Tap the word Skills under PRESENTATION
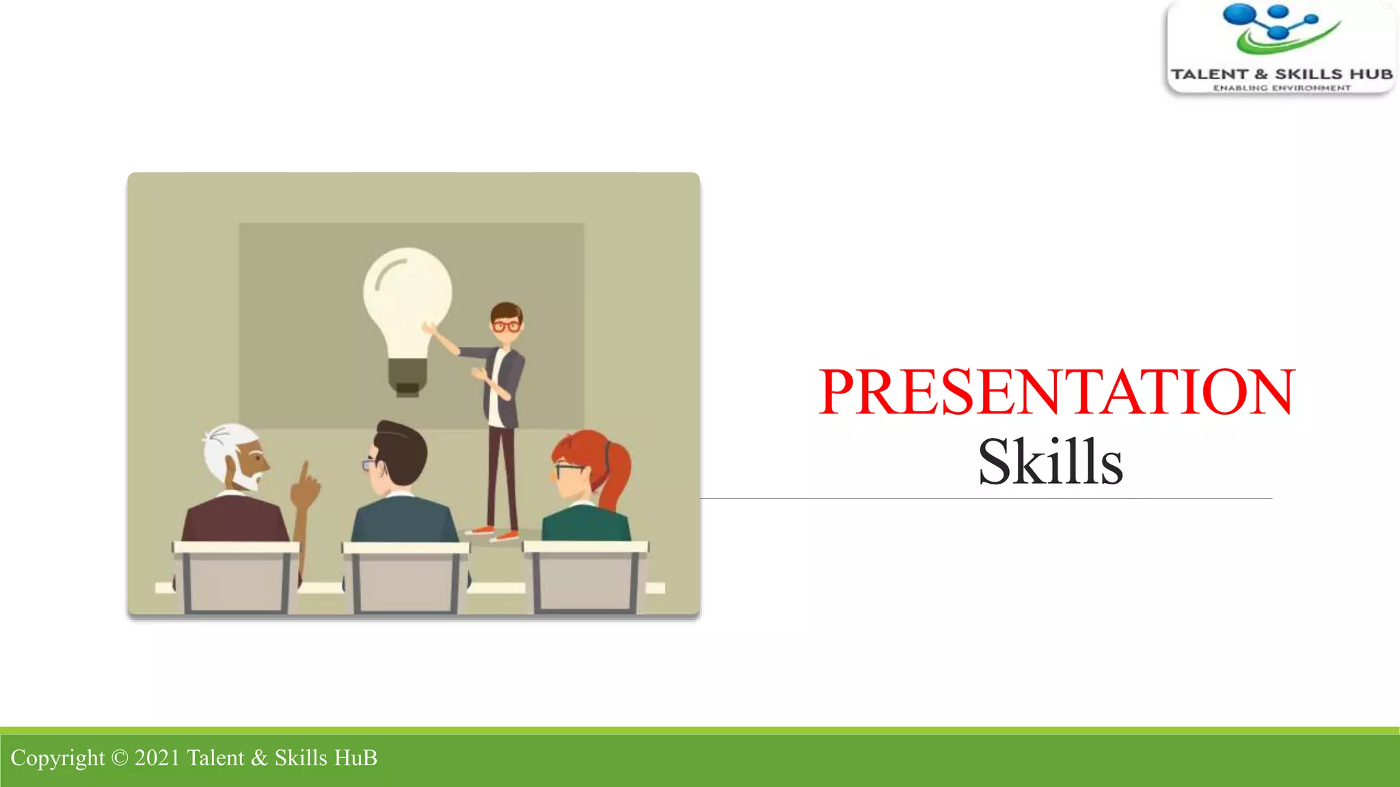pyautogui.click(x=1050, y=462)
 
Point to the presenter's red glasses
pyautogui.click(x=507, y=326)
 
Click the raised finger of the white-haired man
pyautogui.click(x=305, y=471)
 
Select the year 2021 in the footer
pyautogui.click(x=157, y=758)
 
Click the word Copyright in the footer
pyautogui.click(x=57, y=758)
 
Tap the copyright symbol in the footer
pyautogui.click(x=119, y=758)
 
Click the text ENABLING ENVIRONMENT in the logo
pyautogui.click(x=1282, y=87)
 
